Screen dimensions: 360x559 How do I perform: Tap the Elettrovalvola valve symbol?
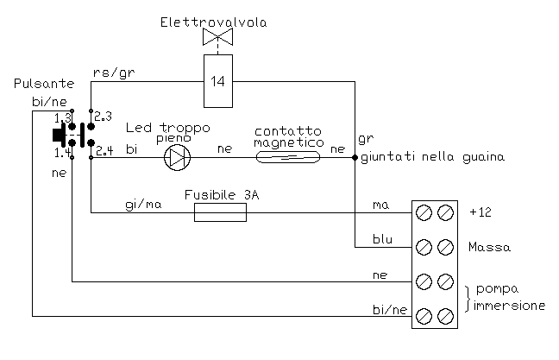pos(218,37)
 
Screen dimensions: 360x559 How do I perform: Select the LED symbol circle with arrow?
pos(178,157)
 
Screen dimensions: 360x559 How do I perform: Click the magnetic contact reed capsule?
pos(288,157)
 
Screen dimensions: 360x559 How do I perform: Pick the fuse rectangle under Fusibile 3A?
pos(220,212)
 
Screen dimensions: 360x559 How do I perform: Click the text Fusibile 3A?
pos(222,196)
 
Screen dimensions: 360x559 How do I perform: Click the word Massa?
pos(489,248)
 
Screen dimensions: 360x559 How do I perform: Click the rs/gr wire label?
pos(112,72)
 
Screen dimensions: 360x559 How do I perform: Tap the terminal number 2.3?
pos(104,115)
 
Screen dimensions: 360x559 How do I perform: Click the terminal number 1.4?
pos(62,153)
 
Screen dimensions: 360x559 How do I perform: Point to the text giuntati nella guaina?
pos(431,157)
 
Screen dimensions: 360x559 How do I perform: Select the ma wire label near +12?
pos(380,205)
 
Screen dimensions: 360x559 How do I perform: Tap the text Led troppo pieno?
pos(166,132)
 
